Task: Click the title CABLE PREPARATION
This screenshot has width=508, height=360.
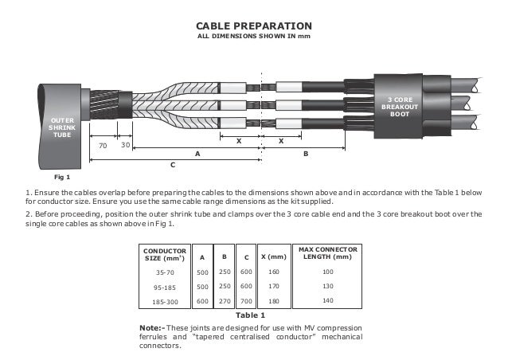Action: click(x=253, y=26)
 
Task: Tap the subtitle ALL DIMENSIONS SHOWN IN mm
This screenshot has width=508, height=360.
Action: click(x=253, y=37)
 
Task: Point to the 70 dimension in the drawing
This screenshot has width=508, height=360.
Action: click(x=102, y=146)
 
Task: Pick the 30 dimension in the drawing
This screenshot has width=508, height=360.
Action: click(x=125, y=146)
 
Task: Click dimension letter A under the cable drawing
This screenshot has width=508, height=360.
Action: click(x=197, y=152)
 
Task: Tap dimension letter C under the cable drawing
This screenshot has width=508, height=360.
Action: click(x=174, y=164)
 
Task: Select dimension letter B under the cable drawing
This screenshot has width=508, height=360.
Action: click(x=305, y=152)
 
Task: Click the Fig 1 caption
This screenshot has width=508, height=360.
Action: click(x=62, y=176)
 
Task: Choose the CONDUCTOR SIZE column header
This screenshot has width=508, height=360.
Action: click(x=164, y=256)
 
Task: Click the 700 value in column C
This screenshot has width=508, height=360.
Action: click(x=246, y=301)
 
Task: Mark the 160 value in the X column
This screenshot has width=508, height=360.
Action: click(x=273, y=272)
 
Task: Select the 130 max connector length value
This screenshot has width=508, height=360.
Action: click(x=328, y=287)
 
